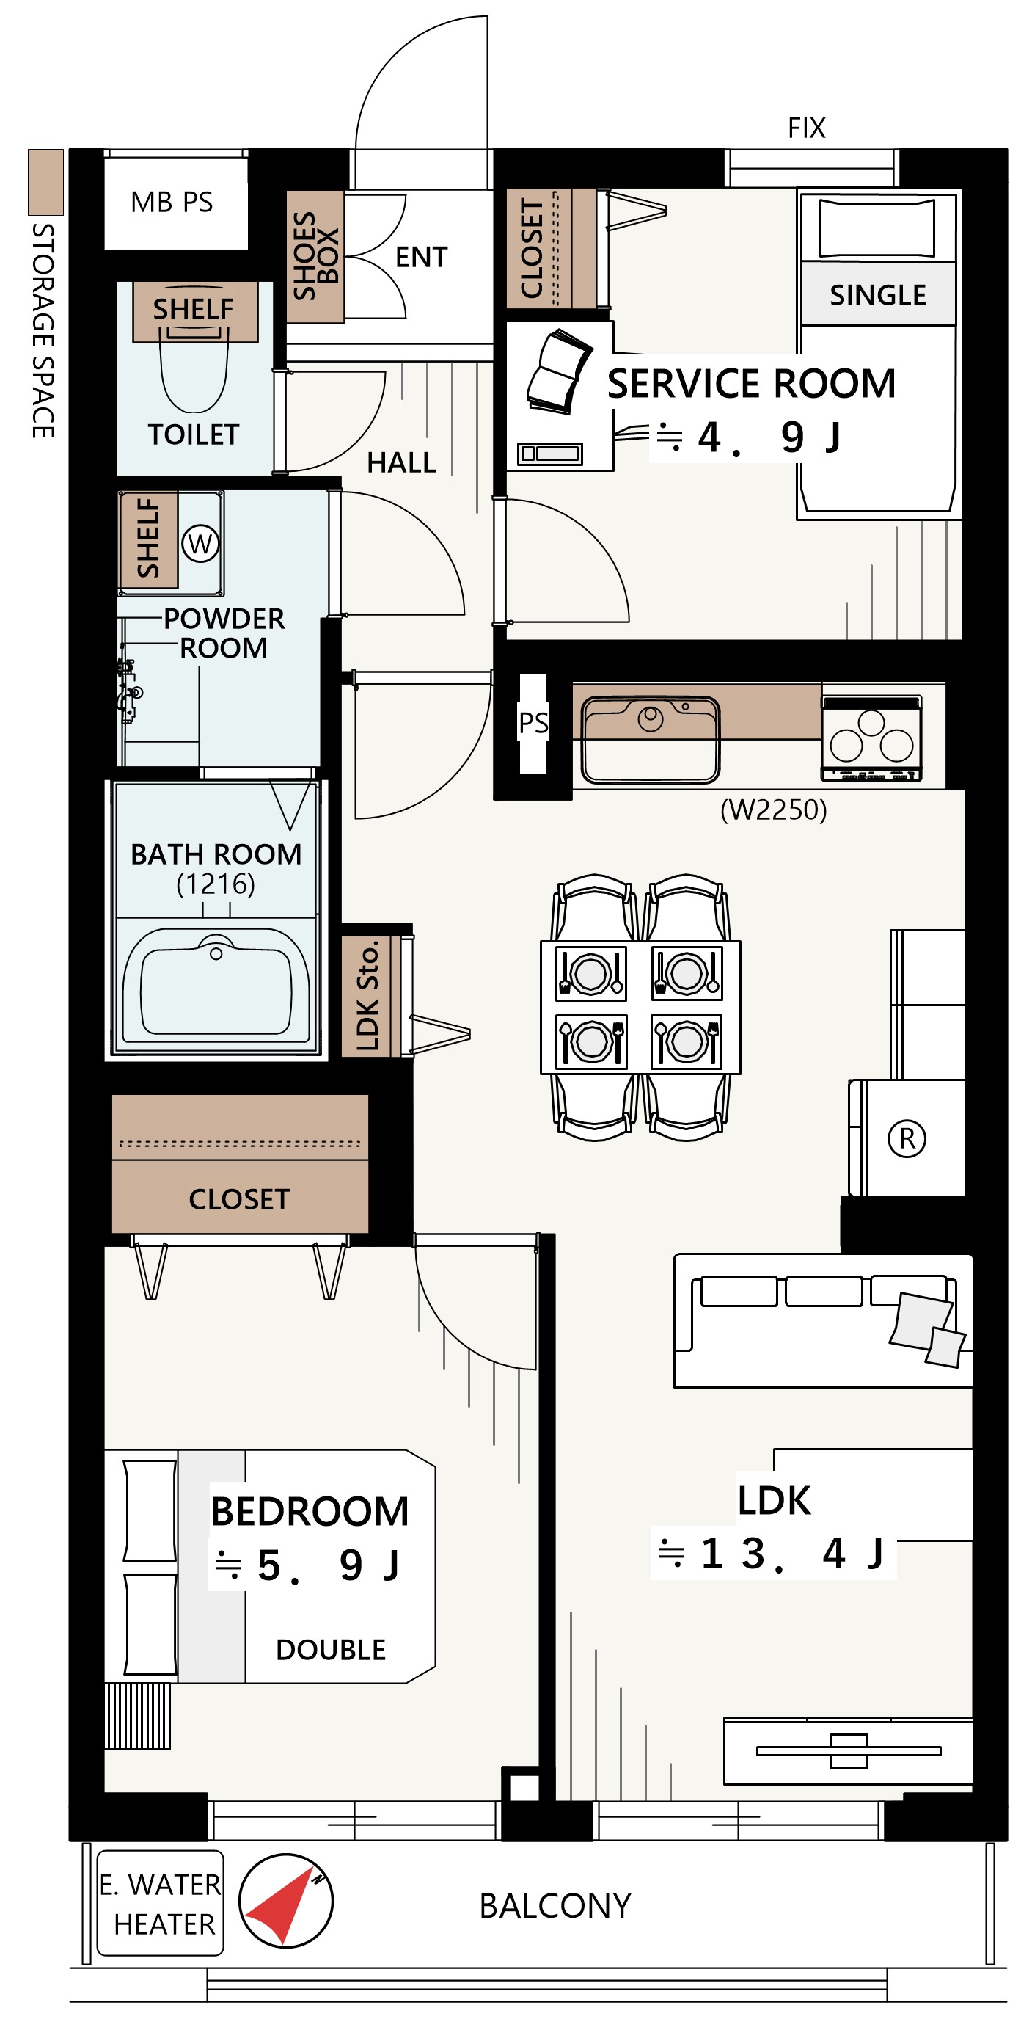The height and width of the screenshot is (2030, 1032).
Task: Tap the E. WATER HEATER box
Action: [161, 1904]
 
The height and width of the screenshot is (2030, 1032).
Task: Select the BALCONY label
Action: [555, 1906]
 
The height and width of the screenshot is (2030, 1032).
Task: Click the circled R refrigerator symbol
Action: [907, 1139]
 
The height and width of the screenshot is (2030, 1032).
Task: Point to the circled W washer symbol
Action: [200, 544]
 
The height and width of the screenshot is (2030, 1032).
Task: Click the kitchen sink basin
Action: [650, 739]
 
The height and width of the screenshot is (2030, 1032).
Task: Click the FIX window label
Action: [807, 128]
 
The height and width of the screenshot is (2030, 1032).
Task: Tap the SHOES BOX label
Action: [315, 256]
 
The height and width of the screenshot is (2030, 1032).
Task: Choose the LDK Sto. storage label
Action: [367, 995]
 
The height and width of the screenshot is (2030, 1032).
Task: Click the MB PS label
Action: [172, 203]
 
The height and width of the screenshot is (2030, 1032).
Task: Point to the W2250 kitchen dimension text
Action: [774, 810]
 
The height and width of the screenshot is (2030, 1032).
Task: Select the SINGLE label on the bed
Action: [877, 295]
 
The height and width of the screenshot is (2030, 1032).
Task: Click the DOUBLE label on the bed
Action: [331, 1649]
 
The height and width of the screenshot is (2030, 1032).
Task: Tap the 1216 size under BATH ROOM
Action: [216, 884]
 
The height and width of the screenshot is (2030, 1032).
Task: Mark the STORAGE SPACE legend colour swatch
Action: [45, 182]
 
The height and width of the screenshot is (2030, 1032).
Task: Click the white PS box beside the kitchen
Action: [533, 723]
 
